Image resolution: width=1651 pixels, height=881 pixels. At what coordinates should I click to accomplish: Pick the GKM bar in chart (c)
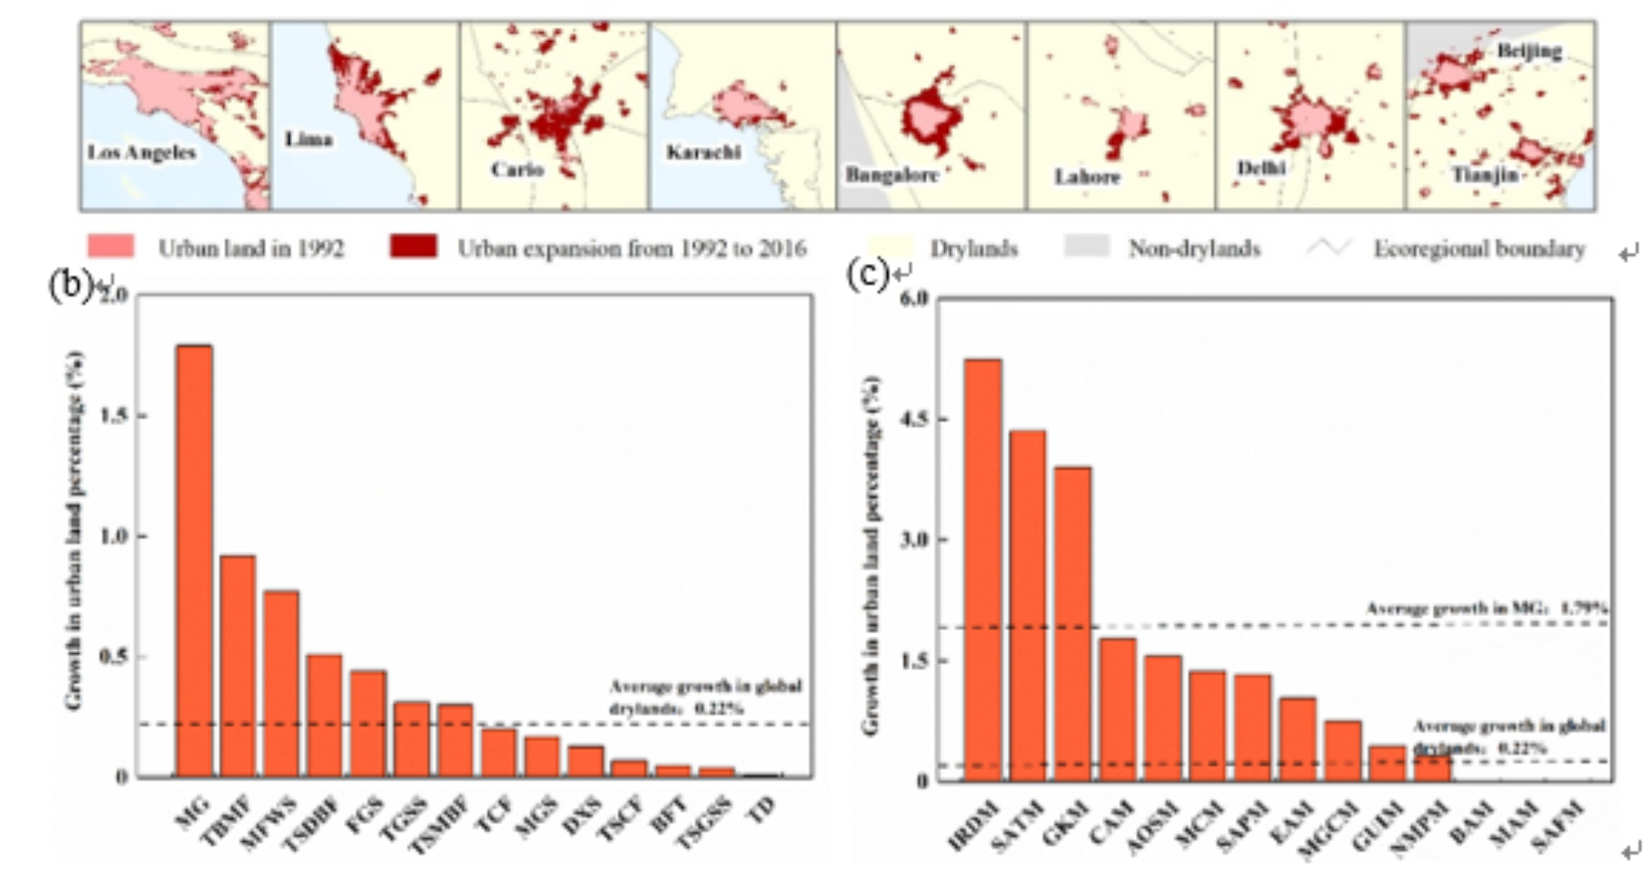click(x=1073, y=624)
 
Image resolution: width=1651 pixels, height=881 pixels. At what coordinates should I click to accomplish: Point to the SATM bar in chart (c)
click(x=1027, y=605)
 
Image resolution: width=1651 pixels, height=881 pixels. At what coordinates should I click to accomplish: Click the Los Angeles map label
click(x=141, y=153)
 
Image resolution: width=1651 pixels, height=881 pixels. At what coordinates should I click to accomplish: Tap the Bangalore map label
click(x=892, y=175)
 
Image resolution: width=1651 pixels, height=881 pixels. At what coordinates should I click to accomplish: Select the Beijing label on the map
click(x=1529, y=51)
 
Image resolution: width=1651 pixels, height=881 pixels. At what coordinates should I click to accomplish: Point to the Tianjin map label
click(x=1484, y=175)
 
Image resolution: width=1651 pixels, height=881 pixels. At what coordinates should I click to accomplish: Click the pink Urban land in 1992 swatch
click(x=111, y=248)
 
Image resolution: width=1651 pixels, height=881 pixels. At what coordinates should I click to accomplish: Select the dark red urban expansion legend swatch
click(x=413, y=248)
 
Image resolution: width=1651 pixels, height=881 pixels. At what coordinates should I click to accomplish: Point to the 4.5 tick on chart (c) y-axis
click(x=914, y=420)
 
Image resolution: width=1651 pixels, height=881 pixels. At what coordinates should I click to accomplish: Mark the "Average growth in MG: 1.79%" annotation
click(x=1487, y=608)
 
